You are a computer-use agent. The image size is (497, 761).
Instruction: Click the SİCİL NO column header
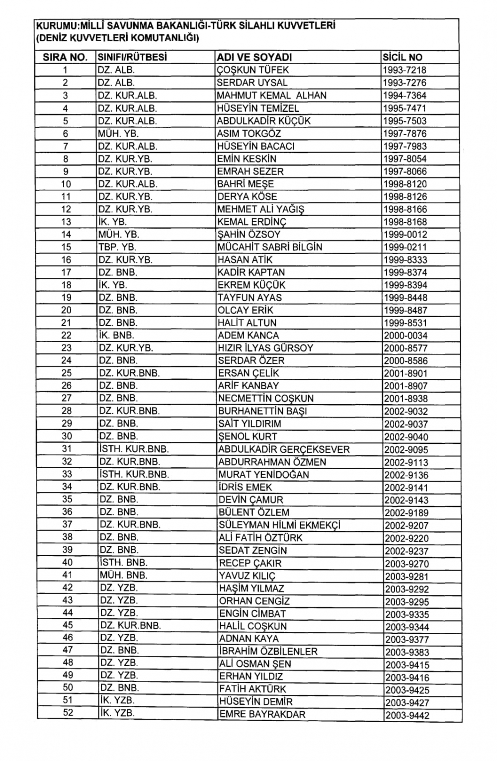[x=402, y=57]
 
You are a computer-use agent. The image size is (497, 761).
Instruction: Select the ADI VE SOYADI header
[x=254, y=57]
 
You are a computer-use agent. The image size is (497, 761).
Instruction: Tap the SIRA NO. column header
[x=65, y=57]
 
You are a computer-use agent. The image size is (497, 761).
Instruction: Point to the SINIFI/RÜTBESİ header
[x=132, y=57]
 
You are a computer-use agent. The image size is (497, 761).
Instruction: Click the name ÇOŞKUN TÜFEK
[x=252, y=70]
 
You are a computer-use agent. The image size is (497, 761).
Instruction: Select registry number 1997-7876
[x=405, y=134]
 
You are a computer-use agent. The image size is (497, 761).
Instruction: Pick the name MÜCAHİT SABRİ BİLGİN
[x=269, y=247]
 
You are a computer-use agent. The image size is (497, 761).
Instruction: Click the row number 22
[x=66, y=336]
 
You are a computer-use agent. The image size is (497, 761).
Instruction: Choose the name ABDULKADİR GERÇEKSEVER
[x=284, y=449]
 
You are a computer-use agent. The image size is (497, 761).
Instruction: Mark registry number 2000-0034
[x=405, y=336]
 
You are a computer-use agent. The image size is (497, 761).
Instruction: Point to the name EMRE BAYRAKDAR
[x=262, y=714]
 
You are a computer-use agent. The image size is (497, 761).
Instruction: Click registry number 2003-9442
[x=407, y=715]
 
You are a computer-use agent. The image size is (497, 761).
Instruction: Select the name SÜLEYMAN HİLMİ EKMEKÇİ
[x=279, y=525]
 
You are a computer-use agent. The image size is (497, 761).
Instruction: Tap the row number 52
[x=68, y=713]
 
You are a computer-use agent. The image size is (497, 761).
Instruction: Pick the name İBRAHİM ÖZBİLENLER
[x=268, y=651]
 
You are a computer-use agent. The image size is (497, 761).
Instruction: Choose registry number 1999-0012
[x=405, y=235]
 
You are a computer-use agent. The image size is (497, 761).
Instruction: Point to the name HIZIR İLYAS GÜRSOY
[x=265, y=348]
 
